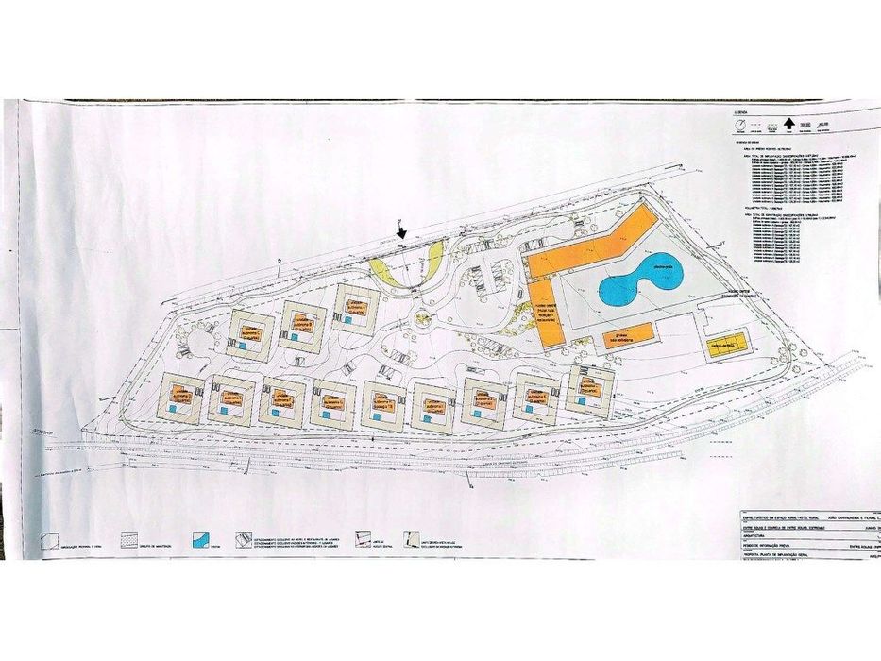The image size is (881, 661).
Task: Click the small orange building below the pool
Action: click(629, 335)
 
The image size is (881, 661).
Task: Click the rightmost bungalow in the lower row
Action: click(590, 387)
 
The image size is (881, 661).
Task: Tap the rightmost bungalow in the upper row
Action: click(357, 307)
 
